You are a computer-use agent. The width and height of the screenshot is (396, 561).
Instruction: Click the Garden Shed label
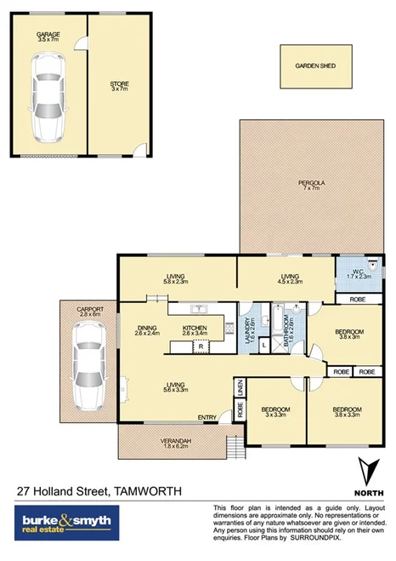tap(315, 66)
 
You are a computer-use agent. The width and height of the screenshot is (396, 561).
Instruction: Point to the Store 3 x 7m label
tap(119, 87)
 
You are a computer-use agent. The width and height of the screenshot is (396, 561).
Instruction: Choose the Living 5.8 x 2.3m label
tap(176, 278)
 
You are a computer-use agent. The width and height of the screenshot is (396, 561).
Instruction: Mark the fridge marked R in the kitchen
tap(201, 346)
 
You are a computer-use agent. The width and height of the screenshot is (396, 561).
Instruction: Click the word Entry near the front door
tap(206, 417)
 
